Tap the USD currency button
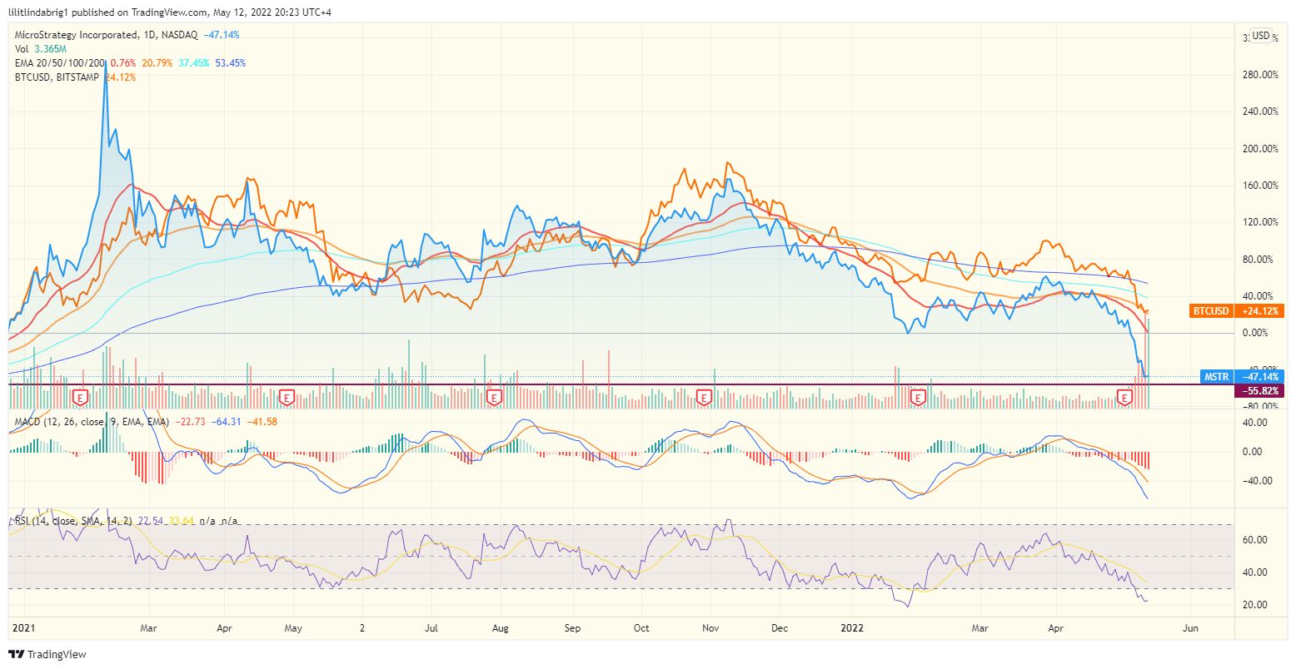(1261, 36)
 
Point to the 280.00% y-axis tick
(1259, 75)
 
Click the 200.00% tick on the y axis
(1259, 149)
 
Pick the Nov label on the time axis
(710, 628)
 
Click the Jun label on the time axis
(1190, 628)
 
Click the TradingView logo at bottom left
(47, 655)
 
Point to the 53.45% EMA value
(230, 63)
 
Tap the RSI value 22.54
(151, 521)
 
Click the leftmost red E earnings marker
(81, 398)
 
